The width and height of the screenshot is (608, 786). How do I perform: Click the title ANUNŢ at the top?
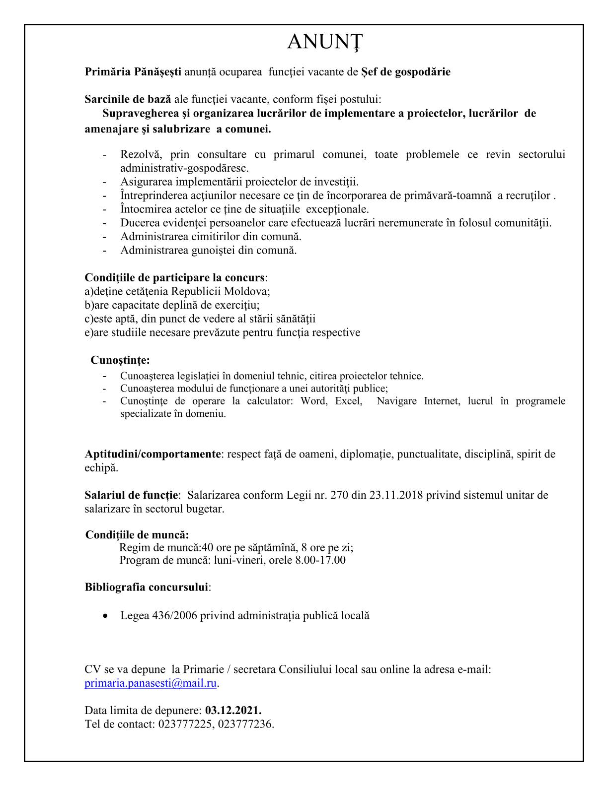(x=325, y=43)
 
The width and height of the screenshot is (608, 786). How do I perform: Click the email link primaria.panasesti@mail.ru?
(x=151, y=683)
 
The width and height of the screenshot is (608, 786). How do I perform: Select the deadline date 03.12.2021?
(x=233, y=710)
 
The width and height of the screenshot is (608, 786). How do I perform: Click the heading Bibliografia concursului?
(x=146, y=587)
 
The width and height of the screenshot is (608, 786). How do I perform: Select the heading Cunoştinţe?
(x=120, y=360)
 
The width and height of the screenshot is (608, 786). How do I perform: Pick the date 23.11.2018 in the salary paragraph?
(x=395, y=495)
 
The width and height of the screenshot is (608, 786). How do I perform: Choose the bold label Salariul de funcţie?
(x=131, y=495)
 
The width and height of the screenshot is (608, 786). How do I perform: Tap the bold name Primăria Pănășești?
(x=133, y=72)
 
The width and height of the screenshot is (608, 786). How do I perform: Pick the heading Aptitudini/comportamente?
(x=152, y=454)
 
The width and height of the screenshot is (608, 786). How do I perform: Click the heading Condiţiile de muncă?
(x=137, y=535)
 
